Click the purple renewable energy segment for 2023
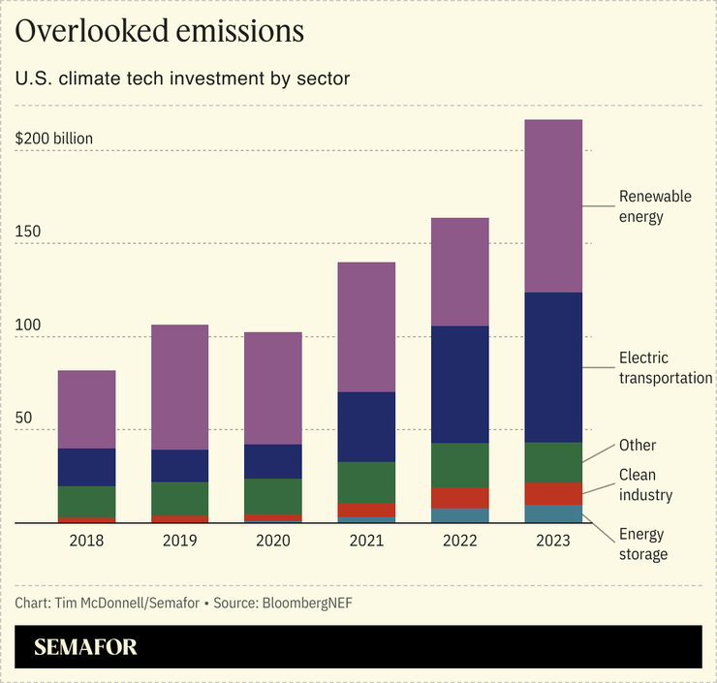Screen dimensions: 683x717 pos(552,205)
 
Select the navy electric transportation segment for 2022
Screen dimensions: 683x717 pos(459,385)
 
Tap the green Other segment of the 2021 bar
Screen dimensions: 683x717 pos(366,482)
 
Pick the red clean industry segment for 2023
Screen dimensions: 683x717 pos(552,494)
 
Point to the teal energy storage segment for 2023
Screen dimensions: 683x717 pos(552,513)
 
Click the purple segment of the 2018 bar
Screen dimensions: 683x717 pos(87,409)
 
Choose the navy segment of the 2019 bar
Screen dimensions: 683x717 pos(180,466)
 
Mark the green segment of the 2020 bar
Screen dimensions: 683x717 pos(273,496)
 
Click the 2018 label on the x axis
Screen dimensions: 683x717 pos(87,540)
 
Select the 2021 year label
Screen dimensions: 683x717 pos(366,540)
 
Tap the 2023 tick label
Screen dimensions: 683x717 pos(552,540)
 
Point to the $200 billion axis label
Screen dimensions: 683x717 pos(54,139)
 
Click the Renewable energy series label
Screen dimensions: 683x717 pos(655,206)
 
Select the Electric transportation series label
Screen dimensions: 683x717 pos(666,368)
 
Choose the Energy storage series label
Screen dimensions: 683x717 pos(643,543)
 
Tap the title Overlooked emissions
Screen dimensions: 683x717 pos(160,31)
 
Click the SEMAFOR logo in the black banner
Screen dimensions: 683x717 pos(86,647)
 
